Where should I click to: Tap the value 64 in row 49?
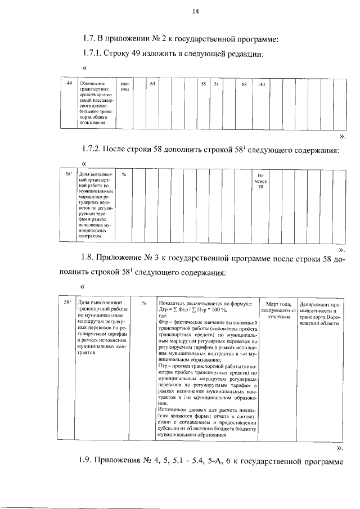[x=152, y=84]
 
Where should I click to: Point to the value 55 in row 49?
[x=203, y=84]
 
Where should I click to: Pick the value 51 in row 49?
[x=215, y=84]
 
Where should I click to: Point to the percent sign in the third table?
[x=144, y=303]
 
